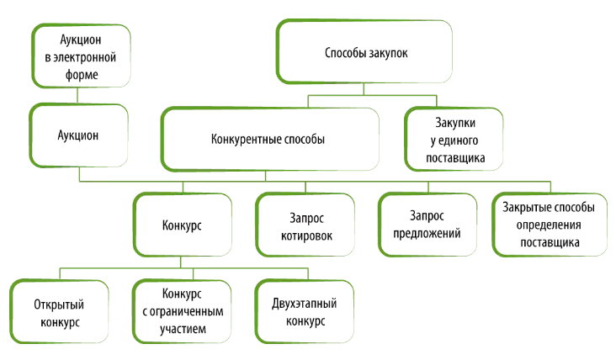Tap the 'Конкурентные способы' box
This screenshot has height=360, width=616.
point(267,140)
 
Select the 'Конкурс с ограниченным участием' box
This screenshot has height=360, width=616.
point(182,312)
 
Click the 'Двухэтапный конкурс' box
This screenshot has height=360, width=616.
point(305,312)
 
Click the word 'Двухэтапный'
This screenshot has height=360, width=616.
point(305,304)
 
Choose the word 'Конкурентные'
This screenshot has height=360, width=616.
point(244,140)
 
